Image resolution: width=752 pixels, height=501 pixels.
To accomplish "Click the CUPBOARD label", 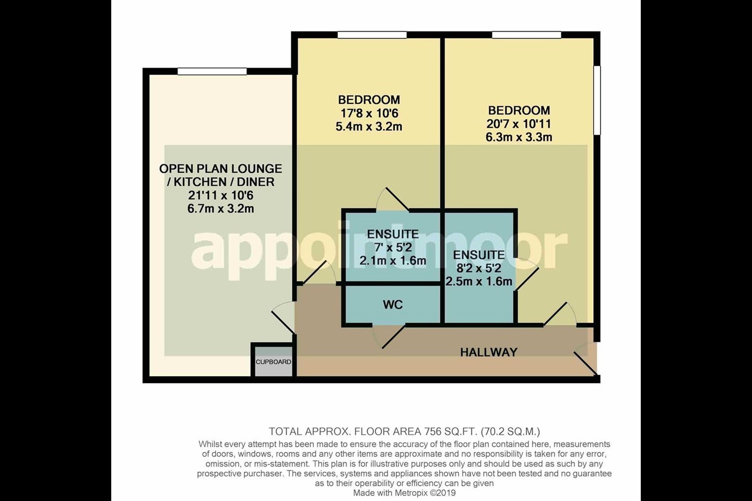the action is (273, 362).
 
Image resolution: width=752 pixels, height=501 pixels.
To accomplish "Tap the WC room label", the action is (393, 305).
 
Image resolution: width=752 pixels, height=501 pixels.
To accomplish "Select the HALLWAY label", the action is (489, 352).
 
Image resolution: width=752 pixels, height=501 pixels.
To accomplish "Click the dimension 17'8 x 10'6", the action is (369, 113).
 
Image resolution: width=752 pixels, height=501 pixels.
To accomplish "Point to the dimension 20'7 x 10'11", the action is (519, 124).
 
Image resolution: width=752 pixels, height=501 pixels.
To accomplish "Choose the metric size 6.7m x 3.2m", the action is (220, 209).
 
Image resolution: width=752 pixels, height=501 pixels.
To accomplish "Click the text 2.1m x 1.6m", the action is (393, 261).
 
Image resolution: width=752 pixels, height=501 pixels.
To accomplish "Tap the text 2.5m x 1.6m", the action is (479, 281).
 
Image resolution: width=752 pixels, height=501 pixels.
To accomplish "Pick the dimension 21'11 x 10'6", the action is (220, 195).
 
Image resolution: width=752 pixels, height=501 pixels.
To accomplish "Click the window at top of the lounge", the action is (212, 71).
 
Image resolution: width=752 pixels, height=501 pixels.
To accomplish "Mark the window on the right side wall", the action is (597, 100).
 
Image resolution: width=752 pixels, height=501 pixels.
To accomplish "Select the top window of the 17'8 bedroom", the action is (372, 34).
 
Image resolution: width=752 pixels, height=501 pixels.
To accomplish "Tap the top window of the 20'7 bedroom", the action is (527, 34).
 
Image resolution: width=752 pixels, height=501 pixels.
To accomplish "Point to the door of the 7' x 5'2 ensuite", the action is (392, 199).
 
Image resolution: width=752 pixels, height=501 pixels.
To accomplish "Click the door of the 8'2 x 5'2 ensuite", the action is (526, 273).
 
